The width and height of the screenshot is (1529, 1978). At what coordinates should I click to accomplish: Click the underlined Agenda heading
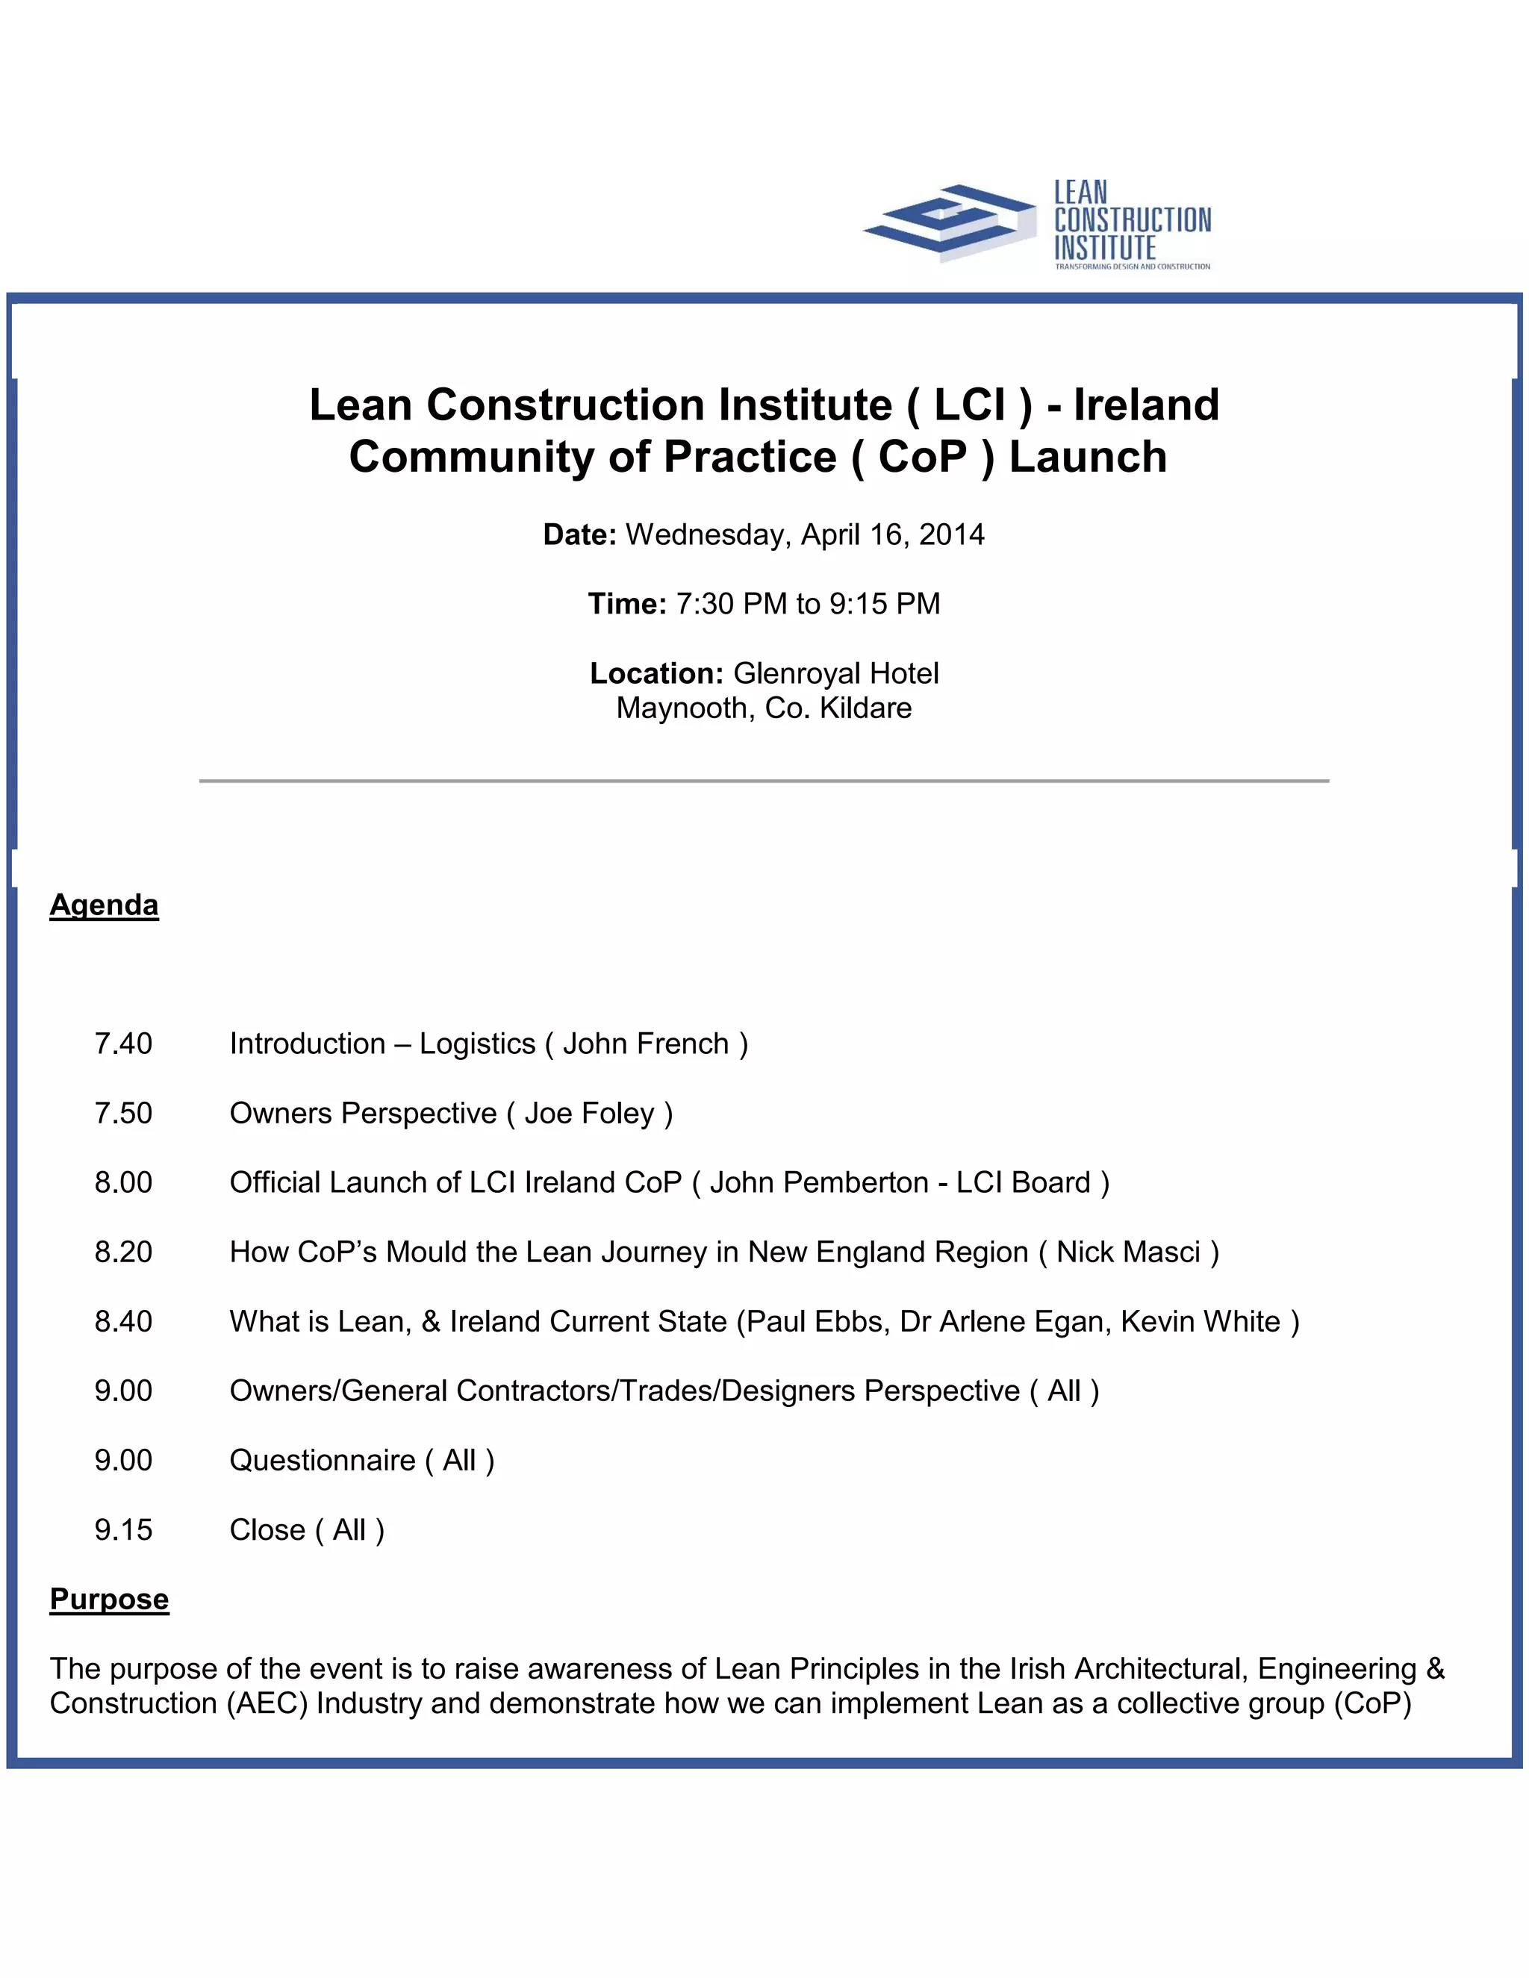click(105, 905)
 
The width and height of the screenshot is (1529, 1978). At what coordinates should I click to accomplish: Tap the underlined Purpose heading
click(109, 1600)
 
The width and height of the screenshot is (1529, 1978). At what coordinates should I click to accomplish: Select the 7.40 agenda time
click(123, 1044)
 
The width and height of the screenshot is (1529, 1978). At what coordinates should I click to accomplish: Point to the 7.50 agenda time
click(123, 1113)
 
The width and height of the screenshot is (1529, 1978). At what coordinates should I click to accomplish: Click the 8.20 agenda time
click(123, 1252)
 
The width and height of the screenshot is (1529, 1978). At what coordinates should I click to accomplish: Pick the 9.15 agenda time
click(123, 1529)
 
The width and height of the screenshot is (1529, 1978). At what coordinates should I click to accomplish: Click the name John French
click(645, 1044)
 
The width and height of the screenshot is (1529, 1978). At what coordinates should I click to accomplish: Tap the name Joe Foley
click(589, 1113)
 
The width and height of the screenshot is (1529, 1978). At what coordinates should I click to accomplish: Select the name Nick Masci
click(1128, 1252)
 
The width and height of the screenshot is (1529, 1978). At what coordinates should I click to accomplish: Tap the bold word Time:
click(627, 604)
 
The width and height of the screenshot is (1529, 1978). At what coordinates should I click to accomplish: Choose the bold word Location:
click(655, 674)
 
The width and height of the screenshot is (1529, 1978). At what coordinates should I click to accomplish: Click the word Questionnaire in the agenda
click(322, 1461)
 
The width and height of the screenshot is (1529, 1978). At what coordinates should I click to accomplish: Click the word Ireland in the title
click(1146, 405)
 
